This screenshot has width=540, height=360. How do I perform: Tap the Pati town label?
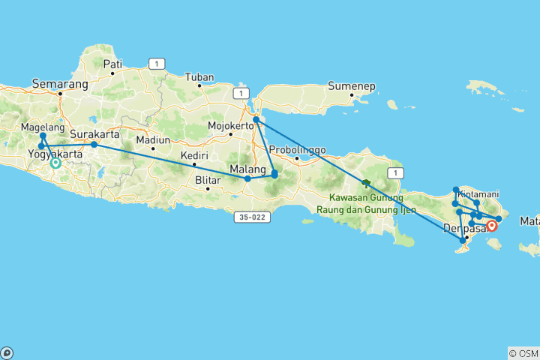[112, 64]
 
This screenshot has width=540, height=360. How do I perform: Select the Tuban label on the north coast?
[200, 77]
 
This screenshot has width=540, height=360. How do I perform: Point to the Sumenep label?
[350, 87]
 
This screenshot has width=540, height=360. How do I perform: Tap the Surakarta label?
[97, 136]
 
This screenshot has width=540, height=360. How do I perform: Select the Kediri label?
[193, 156]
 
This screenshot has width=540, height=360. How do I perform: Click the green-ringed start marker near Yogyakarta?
[55, 163]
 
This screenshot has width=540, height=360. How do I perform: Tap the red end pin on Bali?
[492, 225]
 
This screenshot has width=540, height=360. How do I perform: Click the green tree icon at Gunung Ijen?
[366, 183]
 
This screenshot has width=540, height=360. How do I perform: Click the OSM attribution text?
[523, 353]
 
